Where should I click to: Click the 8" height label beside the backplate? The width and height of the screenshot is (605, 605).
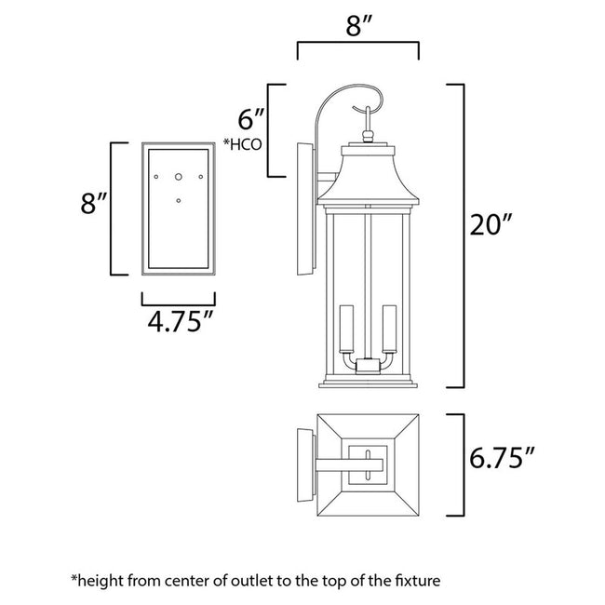click(x=89, y=205)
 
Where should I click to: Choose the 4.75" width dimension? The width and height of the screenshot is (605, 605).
click(x=178, y=323)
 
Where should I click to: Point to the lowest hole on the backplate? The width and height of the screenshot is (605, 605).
click(x=179, y=198)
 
